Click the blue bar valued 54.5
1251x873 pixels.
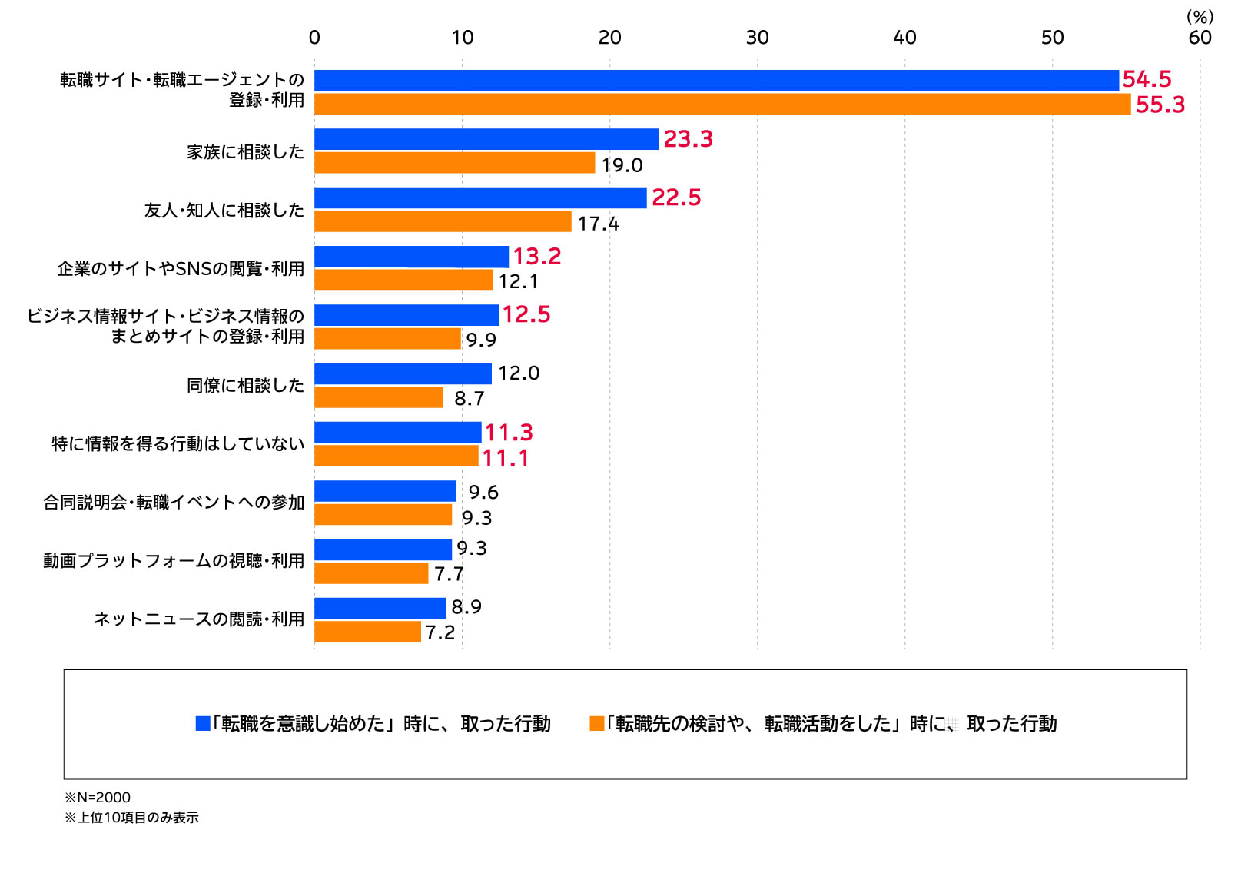(x=716, y=81)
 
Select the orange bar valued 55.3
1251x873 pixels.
(x=722, y=104)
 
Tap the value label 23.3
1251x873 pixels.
(x=688, y=139)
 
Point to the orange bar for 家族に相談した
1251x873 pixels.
(x=454, y=163)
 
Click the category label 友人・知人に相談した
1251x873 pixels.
(x=224, y=211)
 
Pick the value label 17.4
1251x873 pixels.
(x=598, y=224)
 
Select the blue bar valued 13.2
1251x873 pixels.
(x=412, y=257)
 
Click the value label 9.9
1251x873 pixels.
(x=481, y=340)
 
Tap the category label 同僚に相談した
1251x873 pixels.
(x=245, y=386)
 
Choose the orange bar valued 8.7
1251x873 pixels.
(x=379, y=397)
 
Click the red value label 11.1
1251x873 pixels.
(x=505, y=458)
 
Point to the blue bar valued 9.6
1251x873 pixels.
(x=385, y=491)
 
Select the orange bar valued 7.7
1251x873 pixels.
(x=371, y=573)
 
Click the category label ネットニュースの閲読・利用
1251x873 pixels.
(x=199, y=619)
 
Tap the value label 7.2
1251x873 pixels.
(x=440, y=632)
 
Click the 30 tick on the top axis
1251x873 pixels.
(x=757, y=38)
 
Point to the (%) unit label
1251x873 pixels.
(x=1200, y=17)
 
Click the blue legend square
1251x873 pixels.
(x=203, y=723)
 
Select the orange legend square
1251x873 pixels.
(x=596, y=723)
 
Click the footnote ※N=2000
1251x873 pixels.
(x=98, y=798)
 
